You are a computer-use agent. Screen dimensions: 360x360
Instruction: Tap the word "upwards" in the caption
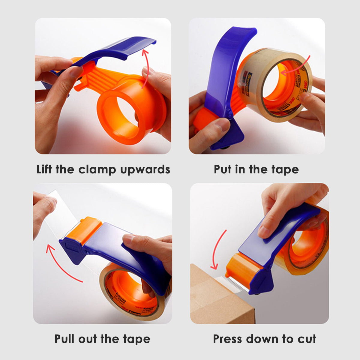tap(145, 170)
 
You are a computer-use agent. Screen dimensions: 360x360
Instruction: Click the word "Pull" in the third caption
tap(65, 339)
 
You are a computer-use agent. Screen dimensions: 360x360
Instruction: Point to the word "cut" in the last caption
tap(307, 339)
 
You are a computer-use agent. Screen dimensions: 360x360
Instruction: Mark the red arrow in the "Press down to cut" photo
tap(217, 249)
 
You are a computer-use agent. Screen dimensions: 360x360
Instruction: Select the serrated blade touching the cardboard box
tap(237, 283)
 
